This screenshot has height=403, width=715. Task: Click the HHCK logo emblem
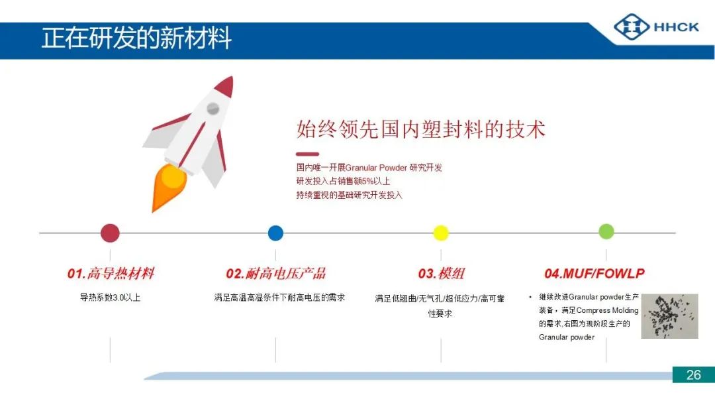pos(632,27)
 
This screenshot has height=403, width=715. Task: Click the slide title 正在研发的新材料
pos(137,38)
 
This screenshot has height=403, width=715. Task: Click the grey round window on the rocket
pos(213,109)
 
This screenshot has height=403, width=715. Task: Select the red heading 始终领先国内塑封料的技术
pos(421,129)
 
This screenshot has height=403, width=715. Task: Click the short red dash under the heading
pos(307,154)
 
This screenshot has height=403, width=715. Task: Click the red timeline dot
pos(110,233)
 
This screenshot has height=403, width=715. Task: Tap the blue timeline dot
pos(275,233)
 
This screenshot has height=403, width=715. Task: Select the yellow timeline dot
pos(440,233)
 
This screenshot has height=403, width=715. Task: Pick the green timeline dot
pos(606,231)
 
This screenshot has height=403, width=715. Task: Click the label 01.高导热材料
pos(111,273)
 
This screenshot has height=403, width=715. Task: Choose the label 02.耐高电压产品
pos(276,273)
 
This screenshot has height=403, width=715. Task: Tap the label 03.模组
pos(442,273)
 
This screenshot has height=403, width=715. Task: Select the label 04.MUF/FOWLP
pos(595,273)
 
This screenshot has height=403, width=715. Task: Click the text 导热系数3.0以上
pos(111,298)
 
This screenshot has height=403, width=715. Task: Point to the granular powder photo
pos(669,316)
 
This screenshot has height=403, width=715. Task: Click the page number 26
pos(694,374)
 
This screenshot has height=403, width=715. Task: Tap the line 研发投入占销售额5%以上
pos(343,181)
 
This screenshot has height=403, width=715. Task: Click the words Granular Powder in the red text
pos(376,168)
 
